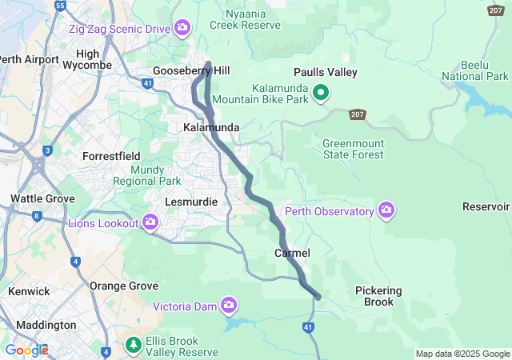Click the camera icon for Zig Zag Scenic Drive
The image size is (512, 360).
coord(182,29)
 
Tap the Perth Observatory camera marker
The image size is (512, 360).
coord(386,210)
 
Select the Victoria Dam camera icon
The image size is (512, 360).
coord(230,305)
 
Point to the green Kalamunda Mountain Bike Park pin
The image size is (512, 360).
coord(321,94)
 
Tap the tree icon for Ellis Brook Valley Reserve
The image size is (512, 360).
coord(134,346)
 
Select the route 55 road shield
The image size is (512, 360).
coord(60,6)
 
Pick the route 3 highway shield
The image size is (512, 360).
coord(48,150)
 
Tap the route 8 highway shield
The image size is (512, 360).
coord(37,215)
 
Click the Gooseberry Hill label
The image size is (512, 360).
coord(192,71)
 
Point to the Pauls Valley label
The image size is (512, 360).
coord(325,72)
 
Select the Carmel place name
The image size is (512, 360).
coord(292,253)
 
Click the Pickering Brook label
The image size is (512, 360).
coord(378,296)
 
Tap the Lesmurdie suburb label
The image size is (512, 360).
coord(191,202)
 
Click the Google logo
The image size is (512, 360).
coord(26,350)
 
